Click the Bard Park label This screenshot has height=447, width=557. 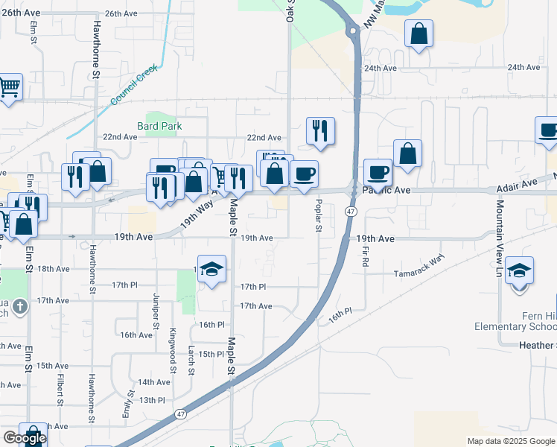(159, 126)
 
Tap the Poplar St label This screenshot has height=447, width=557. (318, 215)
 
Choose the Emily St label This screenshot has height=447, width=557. (129, 402)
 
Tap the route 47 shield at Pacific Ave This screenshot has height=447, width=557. (349, 212)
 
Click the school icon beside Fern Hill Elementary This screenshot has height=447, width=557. (519, 270)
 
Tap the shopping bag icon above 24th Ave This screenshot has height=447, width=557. (419, 34)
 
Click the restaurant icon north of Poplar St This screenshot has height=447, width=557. (320, 130)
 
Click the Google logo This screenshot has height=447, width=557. (24, 438)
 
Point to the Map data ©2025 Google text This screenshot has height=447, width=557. (509, 441)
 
